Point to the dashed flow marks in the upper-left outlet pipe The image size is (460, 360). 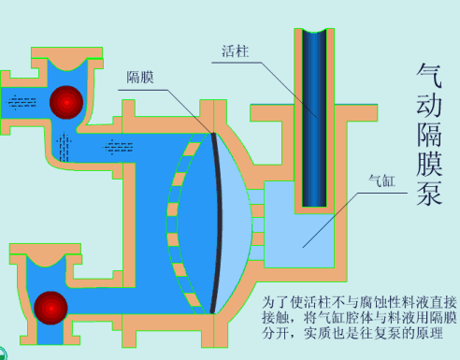tap(20, 100)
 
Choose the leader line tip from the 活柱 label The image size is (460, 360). tap(316, 116)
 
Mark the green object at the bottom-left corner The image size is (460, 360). tap(5, 354)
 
